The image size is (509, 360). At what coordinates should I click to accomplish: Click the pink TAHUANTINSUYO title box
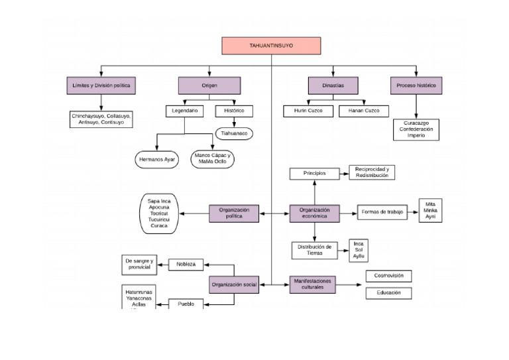(271, 46)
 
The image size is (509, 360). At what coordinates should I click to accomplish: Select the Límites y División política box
(101, 86)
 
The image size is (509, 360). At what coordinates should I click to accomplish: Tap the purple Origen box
(209, 86)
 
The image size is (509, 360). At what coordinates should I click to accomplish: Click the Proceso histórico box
(416, 86)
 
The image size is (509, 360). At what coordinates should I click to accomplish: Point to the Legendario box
(184, 111)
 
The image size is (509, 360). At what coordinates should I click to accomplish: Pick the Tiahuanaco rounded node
(234, 133)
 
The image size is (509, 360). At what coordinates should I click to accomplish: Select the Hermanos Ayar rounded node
(156, 160)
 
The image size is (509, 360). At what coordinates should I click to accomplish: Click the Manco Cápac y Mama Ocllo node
(212, 158)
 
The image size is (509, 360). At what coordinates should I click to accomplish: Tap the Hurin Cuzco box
(308, 111)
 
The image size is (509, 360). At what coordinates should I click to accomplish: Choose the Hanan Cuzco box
(364, 111)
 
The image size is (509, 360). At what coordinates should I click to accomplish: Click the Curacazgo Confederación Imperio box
(416, 129)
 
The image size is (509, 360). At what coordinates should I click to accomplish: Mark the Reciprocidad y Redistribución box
(372, 172)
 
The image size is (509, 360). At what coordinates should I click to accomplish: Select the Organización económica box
(314, 213)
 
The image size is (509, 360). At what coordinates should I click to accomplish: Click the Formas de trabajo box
(382, 212)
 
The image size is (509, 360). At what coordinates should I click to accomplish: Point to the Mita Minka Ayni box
(431, 210)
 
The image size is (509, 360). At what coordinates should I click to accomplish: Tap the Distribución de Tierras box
(315, 250)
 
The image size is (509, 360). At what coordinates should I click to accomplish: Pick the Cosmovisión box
(388, 276)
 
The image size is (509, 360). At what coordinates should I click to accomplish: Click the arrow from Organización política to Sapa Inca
(196, 213)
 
